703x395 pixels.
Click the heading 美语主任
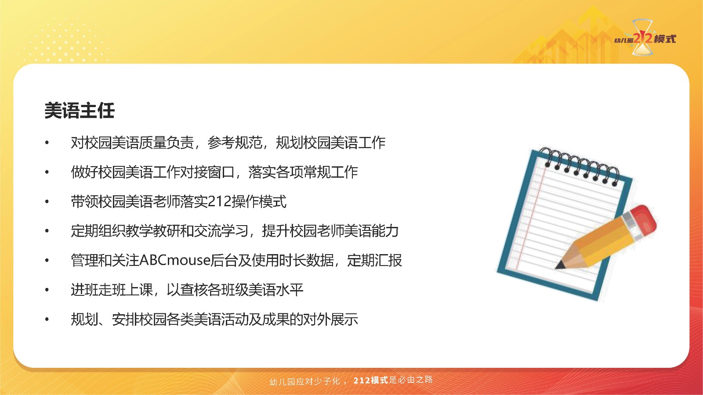point(80,110)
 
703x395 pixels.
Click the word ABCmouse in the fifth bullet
point(174,260)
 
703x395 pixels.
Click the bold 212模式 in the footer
point(371,380)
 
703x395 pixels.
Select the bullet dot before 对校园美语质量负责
point(47,143)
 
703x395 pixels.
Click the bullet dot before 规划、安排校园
point(47,320)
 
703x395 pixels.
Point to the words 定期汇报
point(374,260)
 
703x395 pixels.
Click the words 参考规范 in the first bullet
point(235,143)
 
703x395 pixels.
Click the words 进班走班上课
point(112,290)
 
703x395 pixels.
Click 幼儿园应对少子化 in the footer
point(305,381)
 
